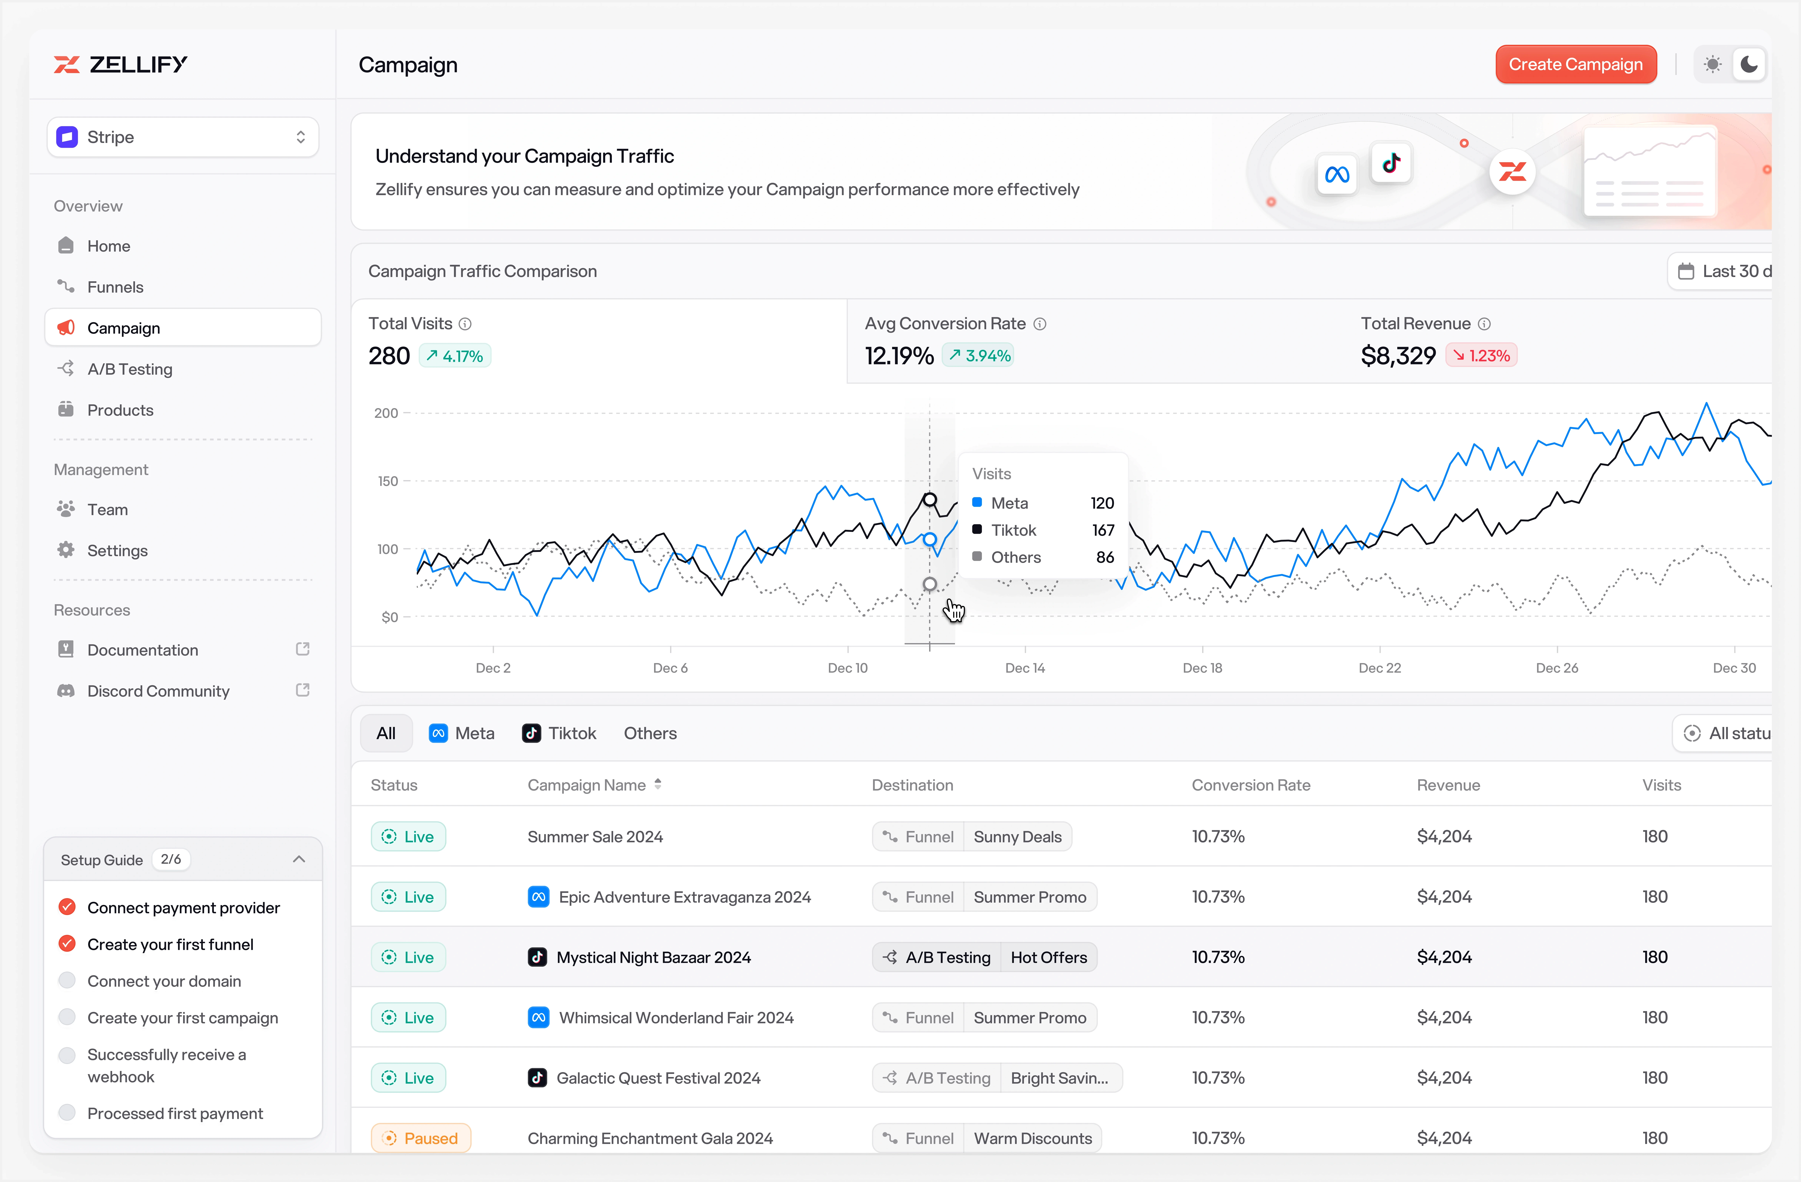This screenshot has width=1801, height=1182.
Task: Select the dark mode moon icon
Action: (x=1749, y=64)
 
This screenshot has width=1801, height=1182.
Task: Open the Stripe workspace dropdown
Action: (x=182, y=137)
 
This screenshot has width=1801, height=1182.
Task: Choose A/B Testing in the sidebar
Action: (x=129, y=369)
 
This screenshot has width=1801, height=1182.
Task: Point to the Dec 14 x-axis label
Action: (x=1025, y=668)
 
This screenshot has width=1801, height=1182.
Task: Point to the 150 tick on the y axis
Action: (x=387, y=481)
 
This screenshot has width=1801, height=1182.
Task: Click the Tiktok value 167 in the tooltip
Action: (x=1102, y=530)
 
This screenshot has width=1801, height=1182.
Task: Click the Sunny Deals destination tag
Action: (x=1017, y=836)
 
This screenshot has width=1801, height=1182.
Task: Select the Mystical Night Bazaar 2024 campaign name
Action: (x=653, y=957)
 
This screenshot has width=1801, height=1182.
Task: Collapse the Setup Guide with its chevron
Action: (x=299, y=859)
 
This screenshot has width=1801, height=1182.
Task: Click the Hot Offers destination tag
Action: (x=1048, y=957)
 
